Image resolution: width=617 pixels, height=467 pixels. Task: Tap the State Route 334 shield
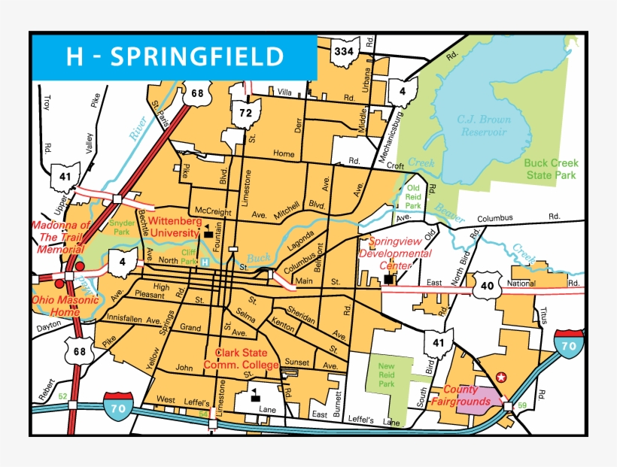(x=343, y=53)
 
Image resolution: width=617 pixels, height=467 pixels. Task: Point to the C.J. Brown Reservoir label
(x=484, y=126)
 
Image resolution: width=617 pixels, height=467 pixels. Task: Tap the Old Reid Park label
(x=413, y=196)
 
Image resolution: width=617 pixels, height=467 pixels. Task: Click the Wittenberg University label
(x=174, y=228)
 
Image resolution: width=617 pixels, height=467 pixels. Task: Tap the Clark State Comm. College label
(x=247, y=359)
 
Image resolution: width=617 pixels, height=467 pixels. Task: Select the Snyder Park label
(x=122, y=228)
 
